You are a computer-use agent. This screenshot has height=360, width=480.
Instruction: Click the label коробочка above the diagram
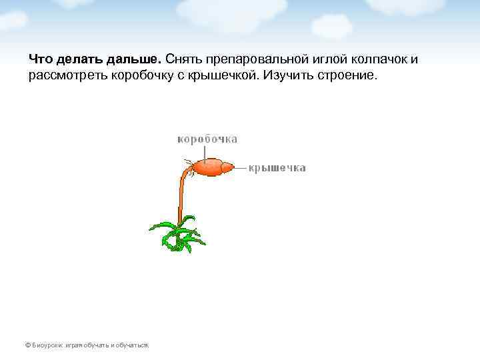click(x=207, y=139)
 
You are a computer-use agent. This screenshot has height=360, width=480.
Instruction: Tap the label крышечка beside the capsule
click(x=277, y=169)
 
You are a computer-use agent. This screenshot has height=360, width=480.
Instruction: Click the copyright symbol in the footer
click(x=27, y=345)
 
